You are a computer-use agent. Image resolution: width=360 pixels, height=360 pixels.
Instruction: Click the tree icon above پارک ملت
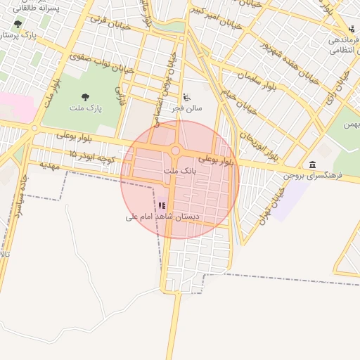pyautogui.click(x=86, y=98)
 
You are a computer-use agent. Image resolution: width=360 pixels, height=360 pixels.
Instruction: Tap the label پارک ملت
pyautogui.click(x=86, y=109)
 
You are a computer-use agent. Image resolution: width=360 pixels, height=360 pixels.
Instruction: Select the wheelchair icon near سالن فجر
pyautogui.click(x=186, y=98)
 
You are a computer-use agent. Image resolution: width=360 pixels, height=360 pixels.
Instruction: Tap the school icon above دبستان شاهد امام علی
pyautogui.click(x=162, y=206)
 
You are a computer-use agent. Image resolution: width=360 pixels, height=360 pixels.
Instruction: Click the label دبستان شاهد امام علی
pyautogui.click(x=162, y=217)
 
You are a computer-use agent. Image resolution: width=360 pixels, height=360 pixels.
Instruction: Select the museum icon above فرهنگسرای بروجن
pyautogui.click(x=312, y=164)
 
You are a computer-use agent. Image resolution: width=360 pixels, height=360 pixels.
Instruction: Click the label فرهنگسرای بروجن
pyautogui.click(x=313, y=174)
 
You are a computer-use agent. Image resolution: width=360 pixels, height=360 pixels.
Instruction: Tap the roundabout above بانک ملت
pyautogui.click(x=175, y=150)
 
